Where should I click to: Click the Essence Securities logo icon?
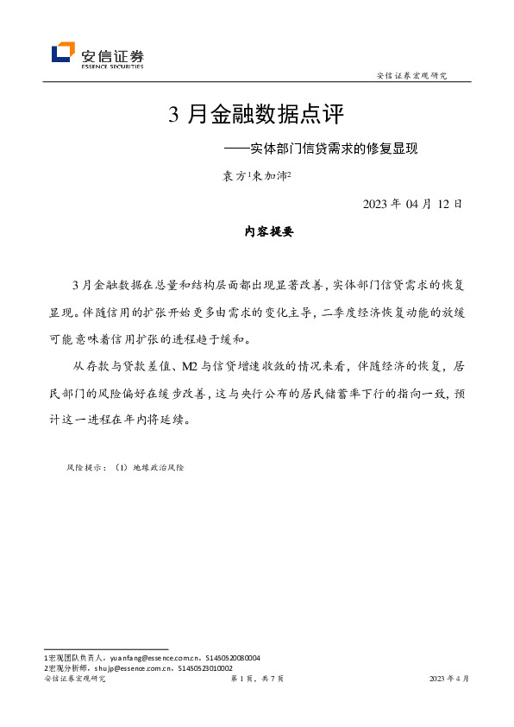(63, 54)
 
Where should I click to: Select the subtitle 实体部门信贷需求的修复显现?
(329, 148)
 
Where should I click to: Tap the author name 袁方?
(234, 176)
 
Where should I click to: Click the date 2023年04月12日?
(413, 204)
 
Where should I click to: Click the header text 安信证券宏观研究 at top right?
(412, 76)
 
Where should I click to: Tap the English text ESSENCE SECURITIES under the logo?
(112, 66)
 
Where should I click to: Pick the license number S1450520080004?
(231, 658)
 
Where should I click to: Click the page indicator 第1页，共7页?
(258, 680)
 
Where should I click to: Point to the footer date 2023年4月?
(449, 680)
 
